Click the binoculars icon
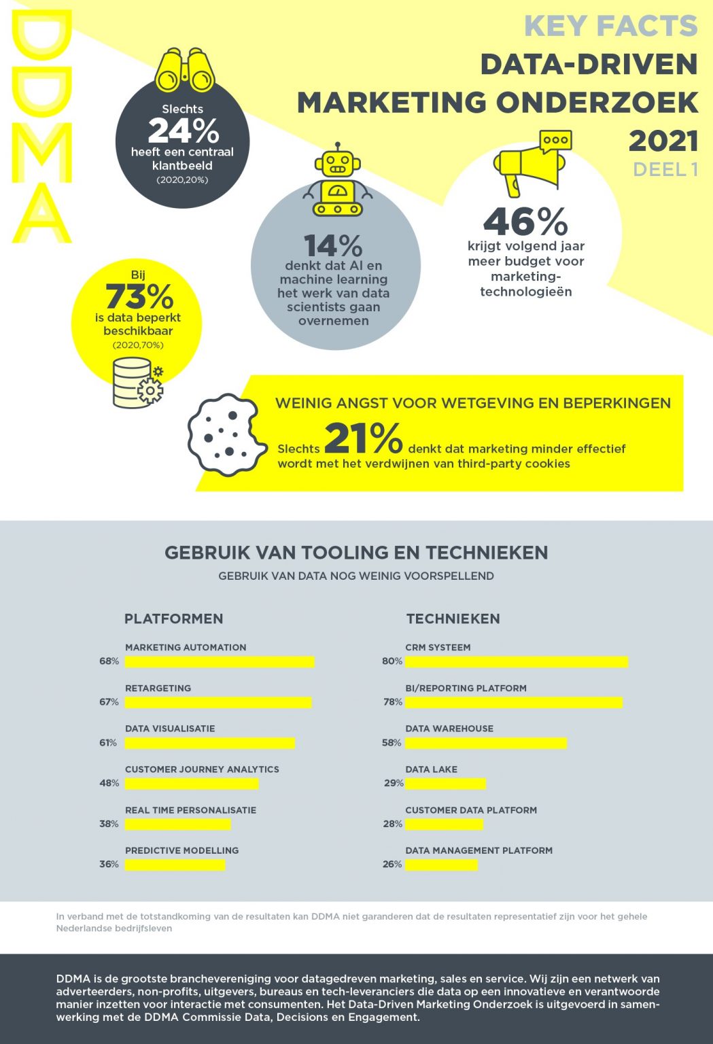(x=184, y=70)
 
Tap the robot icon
(x=337, y=181)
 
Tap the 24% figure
(x=183, y=130)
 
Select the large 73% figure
(x=139, y=296)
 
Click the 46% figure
(x=525, y=222)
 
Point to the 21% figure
(x=364, y=438)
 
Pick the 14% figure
(x=333, y=245)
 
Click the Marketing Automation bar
(x=220, y=661)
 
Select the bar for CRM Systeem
(x=517, y=661)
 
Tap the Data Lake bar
(x=446, y=784)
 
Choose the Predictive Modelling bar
(x=175, y=865)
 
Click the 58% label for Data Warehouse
(x=392, y=743)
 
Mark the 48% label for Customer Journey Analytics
(x=109, y=783)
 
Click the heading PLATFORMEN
(x=173, y=619)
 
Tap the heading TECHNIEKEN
(x=453, y=619)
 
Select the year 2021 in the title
(x=663, y=141)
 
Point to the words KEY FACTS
(x=610, y=27)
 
